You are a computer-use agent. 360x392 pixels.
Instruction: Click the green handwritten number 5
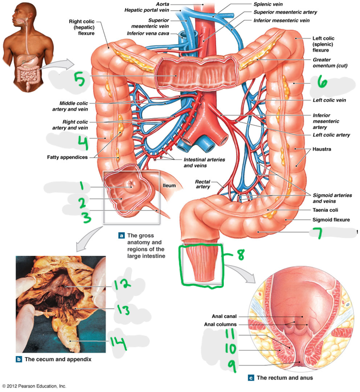pyautogui.click(x=79, y=79)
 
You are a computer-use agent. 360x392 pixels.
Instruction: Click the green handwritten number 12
pyautogui.click(x=121, y=284)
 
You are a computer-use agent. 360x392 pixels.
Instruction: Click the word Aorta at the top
pyautogui.click(x=162, y=4)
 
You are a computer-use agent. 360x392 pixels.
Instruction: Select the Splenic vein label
pyautogui.click(x=268, y=4)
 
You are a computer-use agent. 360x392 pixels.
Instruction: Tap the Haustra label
pyautogui.click(x=322, y=149)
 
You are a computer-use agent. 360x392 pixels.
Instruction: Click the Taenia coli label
pyautogui.click(x=325, y=210)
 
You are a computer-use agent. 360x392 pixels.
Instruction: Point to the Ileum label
pyautogui.click(x=169, y=186)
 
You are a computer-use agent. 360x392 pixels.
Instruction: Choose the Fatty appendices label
pyautogui.click(x=67, y=157)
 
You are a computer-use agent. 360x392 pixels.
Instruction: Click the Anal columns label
pyautogui.click(x=220, y=324)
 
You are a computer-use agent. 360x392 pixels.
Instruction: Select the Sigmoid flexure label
pyautogui.click(x=331, y=220)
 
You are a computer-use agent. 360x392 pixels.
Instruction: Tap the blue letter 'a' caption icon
pyautogui.click(x=121, y=236)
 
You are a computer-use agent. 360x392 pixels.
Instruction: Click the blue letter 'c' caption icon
pyautogui.click(x=251, y=378)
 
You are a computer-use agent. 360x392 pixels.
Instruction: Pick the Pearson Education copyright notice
pyautogui.click(x=34, y=386)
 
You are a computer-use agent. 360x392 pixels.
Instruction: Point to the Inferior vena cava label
pyautogui.click(x=148, y=34)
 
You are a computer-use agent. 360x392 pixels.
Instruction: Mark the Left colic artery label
pyautogui.click(x=331, y=135)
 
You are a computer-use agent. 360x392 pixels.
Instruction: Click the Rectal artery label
pyautogui.click(x=203, y=184)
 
